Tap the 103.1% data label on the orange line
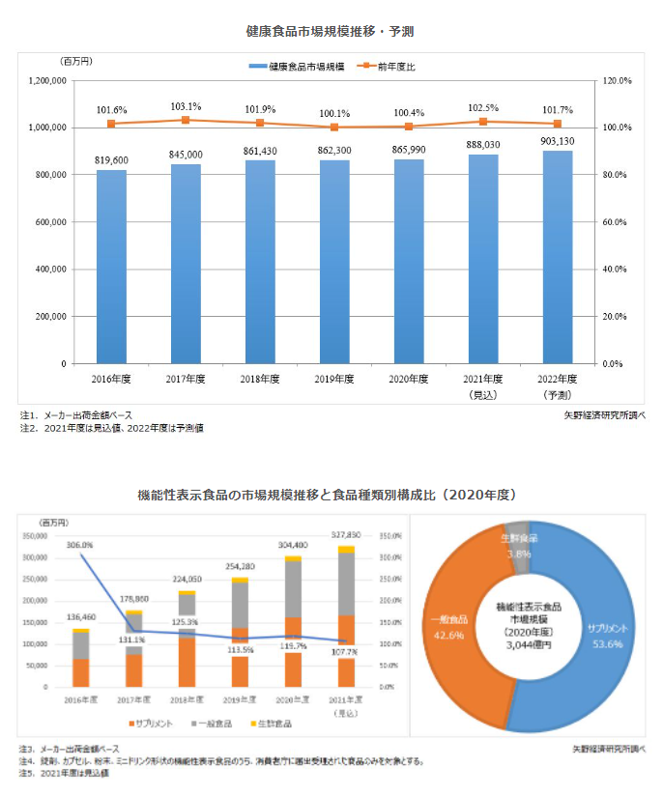point(186,106)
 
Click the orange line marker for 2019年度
point(334,127)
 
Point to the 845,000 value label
point(186,155)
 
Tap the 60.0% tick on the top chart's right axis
point(616,222)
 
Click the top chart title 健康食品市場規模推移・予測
point(331,32)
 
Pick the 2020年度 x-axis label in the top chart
point(409,379)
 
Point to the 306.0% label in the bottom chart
point(79,545)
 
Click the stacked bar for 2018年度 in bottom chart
point(187,640)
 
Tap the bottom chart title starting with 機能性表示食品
point(331,494)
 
